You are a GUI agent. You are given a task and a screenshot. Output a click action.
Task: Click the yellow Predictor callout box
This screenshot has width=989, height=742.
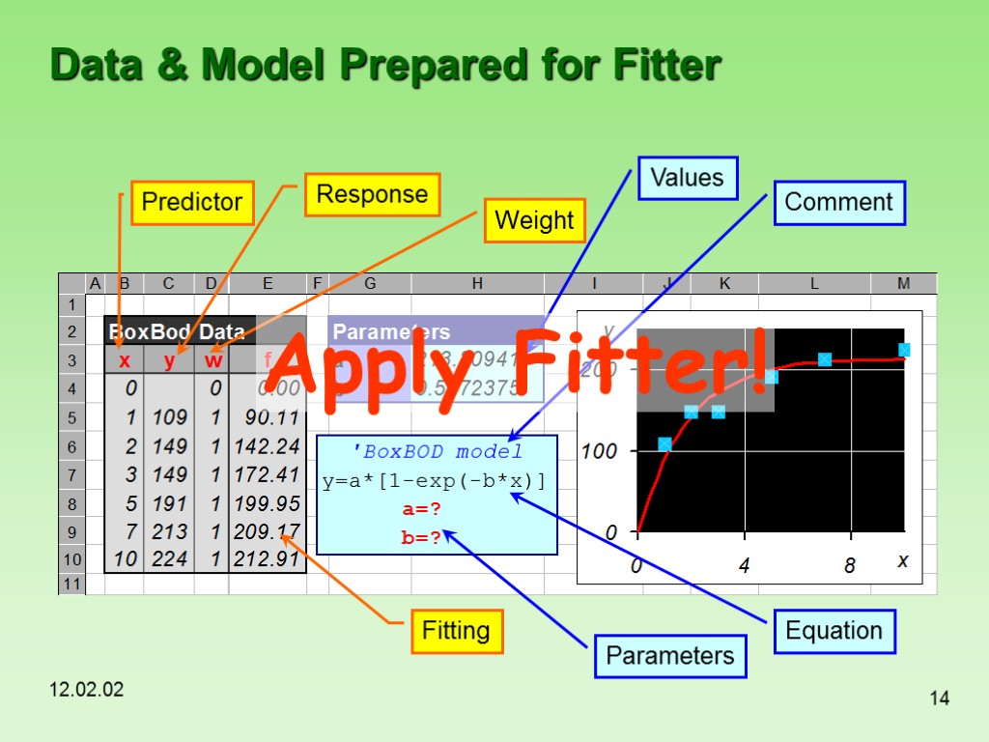(x=192, y=202)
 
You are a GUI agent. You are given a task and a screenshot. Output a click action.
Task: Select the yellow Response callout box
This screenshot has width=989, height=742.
(x=372, y=194)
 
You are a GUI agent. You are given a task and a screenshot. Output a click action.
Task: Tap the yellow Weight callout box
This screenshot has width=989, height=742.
(x=534, y=220)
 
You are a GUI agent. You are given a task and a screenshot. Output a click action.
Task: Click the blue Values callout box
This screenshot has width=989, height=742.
(x=687, y=178)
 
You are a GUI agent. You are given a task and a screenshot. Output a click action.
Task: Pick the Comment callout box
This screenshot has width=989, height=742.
(x=838, y=202)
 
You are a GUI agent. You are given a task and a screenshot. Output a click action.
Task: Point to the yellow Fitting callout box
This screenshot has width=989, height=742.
(x=456, y=631)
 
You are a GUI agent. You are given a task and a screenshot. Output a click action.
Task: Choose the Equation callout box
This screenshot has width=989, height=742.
(x=834, y=631)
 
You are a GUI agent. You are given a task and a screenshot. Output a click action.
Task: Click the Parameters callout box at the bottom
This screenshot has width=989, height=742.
(x=669, y=656)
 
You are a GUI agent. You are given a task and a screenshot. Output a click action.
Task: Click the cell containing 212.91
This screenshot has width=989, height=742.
(x=268, y=558)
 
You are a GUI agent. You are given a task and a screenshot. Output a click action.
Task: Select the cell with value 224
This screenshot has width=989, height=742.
(x=169, y=558)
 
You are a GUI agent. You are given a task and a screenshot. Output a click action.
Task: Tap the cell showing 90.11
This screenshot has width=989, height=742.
(x=268, y=418)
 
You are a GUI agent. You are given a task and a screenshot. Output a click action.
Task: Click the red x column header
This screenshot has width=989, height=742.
(x=124, y=361)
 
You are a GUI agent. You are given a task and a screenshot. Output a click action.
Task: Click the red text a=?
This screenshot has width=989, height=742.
(x=421, y=509)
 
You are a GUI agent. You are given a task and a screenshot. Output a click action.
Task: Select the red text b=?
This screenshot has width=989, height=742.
(x=421, y=537)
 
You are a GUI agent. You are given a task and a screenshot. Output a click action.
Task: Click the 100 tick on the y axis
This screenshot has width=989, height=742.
(x=599, y=450)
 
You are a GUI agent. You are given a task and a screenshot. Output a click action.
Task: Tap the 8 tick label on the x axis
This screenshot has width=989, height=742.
(x=850, y=566)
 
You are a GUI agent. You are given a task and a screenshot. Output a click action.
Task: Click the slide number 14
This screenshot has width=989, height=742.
(x=939, y=698)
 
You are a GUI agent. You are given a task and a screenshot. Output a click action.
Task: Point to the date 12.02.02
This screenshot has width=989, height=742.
(x=87, y=690)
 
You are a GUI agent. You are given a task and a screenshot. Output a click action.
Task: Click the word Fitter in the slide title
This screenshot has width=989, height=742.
(x=665, y=66)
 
